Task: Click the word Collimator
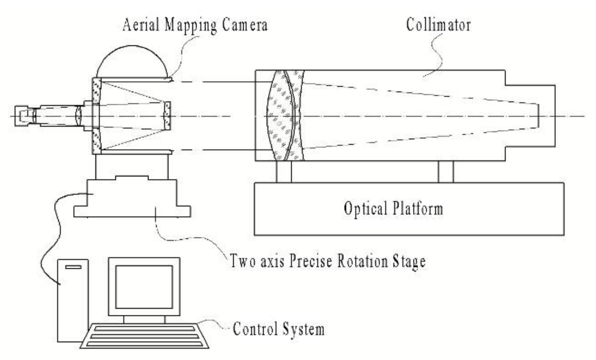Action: coord(438,25)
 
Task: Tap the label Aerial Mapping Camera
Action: coord(195,25)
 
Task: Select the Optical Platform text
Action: coord(393,209)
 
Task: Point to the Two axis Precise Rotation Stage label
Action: coord(328,261)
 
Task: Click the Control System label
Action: coord(278,329)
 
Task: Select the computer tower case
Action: coord(73,301)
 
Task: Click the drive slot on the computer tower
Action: coord(73,267)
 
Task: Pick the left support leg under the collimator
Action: coord(284,172)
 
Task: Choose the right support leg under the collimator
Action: coord(446,172)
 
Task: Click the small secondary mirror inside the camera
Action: coord(167,116)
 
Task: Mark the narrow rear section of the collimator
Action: coord(530,116)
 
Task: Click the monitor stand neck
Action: coord(144,319)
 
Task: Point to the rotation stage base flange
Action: coord(132,212)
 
